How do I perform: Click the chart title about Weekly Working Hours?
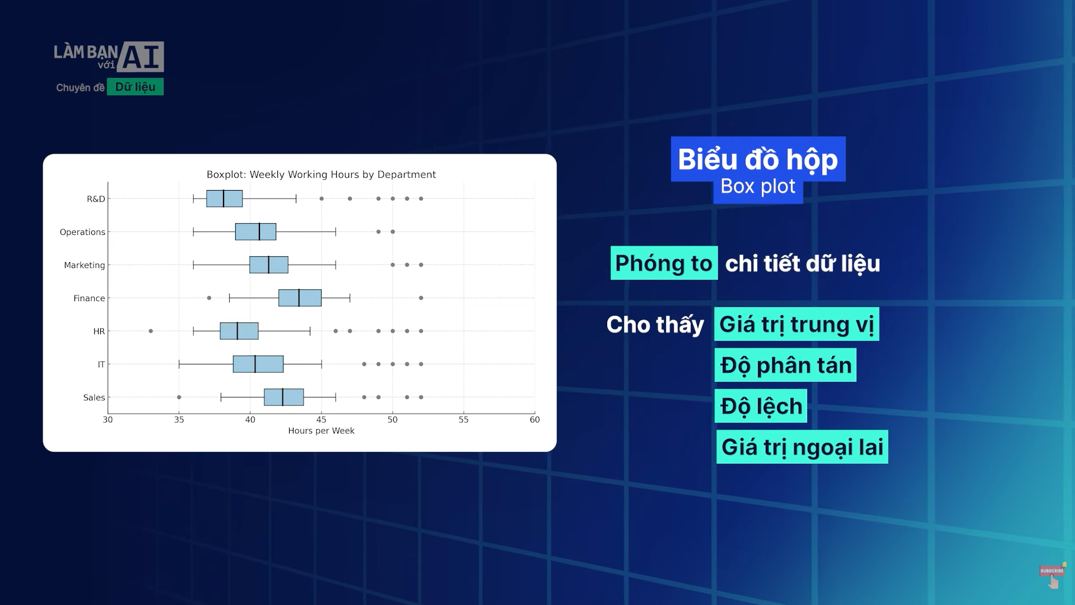point(321,174)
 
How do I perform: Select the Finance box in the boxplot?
point(300,298)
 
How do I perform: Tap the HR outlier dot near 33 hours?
point(151,331)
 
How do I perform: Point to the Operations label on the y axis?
point(82,232)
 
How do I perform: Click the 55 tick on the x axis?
point(463,419)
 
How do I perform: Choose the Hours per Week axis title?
point(321,431)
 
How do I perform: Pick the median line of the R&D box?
point(224,198)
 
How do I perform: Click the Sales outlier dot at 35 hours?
point(179,397)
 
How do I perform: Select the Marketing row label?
point(84,265)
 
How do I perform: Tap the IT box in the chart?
point(258,364)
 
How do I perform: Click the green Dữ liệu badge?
point(135,87)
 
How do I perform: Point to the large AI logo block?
point(141,57)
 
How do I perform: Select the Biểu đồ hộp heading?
point(758,159)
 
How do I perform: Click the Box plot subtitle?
point(757,187)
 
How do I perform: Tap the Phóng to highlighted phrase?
point(664,263)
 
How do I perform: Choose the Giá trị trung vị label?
point(796,324)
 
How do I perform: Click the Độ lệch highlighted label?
point(761,406)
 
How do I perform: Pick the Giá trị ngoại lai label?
point(802,447)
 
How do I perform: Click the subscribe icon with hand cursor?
point(1052,575)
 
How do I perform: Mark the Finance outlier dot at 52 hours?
point(421,298)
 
